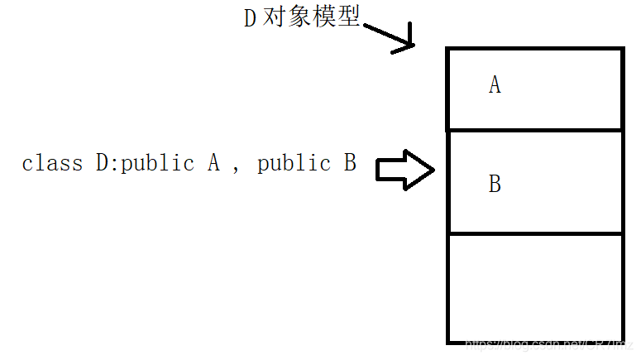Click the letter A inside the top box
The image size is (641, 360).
[x=495, y=85]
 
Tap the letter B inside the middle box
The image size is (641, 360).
[x=495, y=184]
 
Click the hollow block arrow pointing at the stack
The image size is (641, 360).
[x=405, y=170]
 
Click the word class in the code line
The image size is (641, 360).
[x=53, y=163]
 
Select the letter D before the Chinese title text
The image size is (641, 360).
[x=251, y=19]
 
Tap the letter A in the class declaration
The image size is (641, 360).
[x=213, y=163]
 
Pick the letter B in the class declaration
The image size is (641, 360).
[x=349, y=163]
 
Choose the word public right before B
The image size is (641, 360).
[x=294, y=163]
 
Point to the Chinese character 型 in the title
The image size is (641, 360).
[x=349, y=18]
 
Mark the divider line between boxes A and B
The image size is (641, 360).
[x=534, y=130]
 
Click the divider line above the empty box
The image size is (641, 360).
[x=534, y=233]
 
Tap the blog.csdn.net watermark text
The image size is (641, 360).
[x=546, y=343]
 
